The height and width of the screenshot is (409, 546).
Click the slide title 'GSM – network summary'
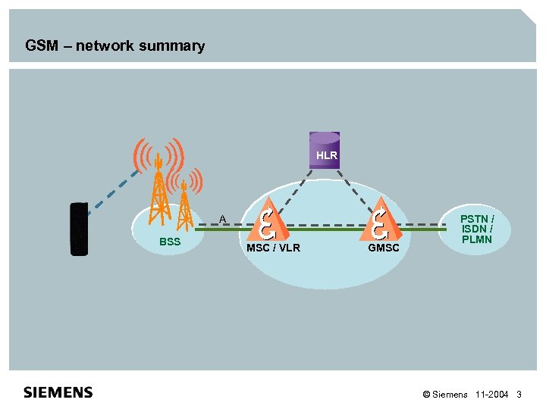click(115, 46)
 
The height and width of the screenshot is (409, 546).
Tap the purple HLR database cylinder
click(325, 150)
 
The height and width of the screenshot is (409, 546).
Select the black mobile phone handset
click(79, 229)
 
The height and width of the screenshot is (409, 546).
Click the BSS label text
click(170, 242)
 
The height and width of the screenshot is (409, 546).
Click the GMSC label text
click(383, 248)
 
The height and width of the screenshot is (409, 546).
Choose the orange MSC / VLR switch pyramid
click(266, 220)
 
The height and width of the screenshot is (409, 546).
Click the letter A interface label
click(222, 219)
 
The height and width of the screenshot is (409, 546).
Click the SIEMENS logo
click(58, 392)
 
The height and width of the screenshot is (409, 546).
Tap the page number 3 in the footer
click(519, 395)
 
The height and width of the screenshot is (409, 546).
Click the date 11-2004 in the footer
click(492, 395)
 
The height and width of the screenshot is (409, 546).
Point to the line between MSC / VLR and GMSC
click(322, 226)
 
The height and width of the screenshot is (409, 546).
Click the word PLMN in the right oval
click(476, 239)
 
